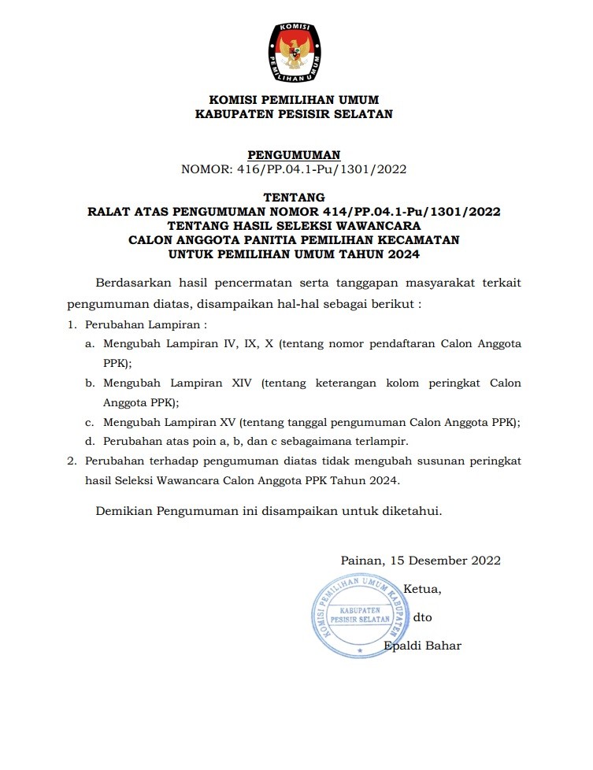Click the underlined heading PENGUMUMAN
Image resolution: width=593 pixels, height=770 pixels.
point(294,154)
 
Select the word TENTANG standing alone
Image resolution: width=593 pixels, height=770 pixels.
point(294,197)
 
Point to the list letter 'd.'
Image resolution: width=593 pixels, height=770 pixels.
point(90,441)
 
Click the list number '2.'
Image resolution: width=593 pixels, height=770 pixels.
point(71,461)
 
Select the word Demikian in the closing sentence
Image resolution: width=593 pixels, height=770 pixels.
point(125,511)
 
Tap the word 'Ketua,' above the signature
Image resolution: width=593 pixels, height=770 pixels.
point(421,589)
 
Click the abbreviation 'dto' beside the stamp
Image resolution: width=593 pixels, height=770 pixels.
point(421,617)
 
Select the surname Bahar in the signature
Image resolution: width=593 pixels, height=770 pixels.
point(443,646)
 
